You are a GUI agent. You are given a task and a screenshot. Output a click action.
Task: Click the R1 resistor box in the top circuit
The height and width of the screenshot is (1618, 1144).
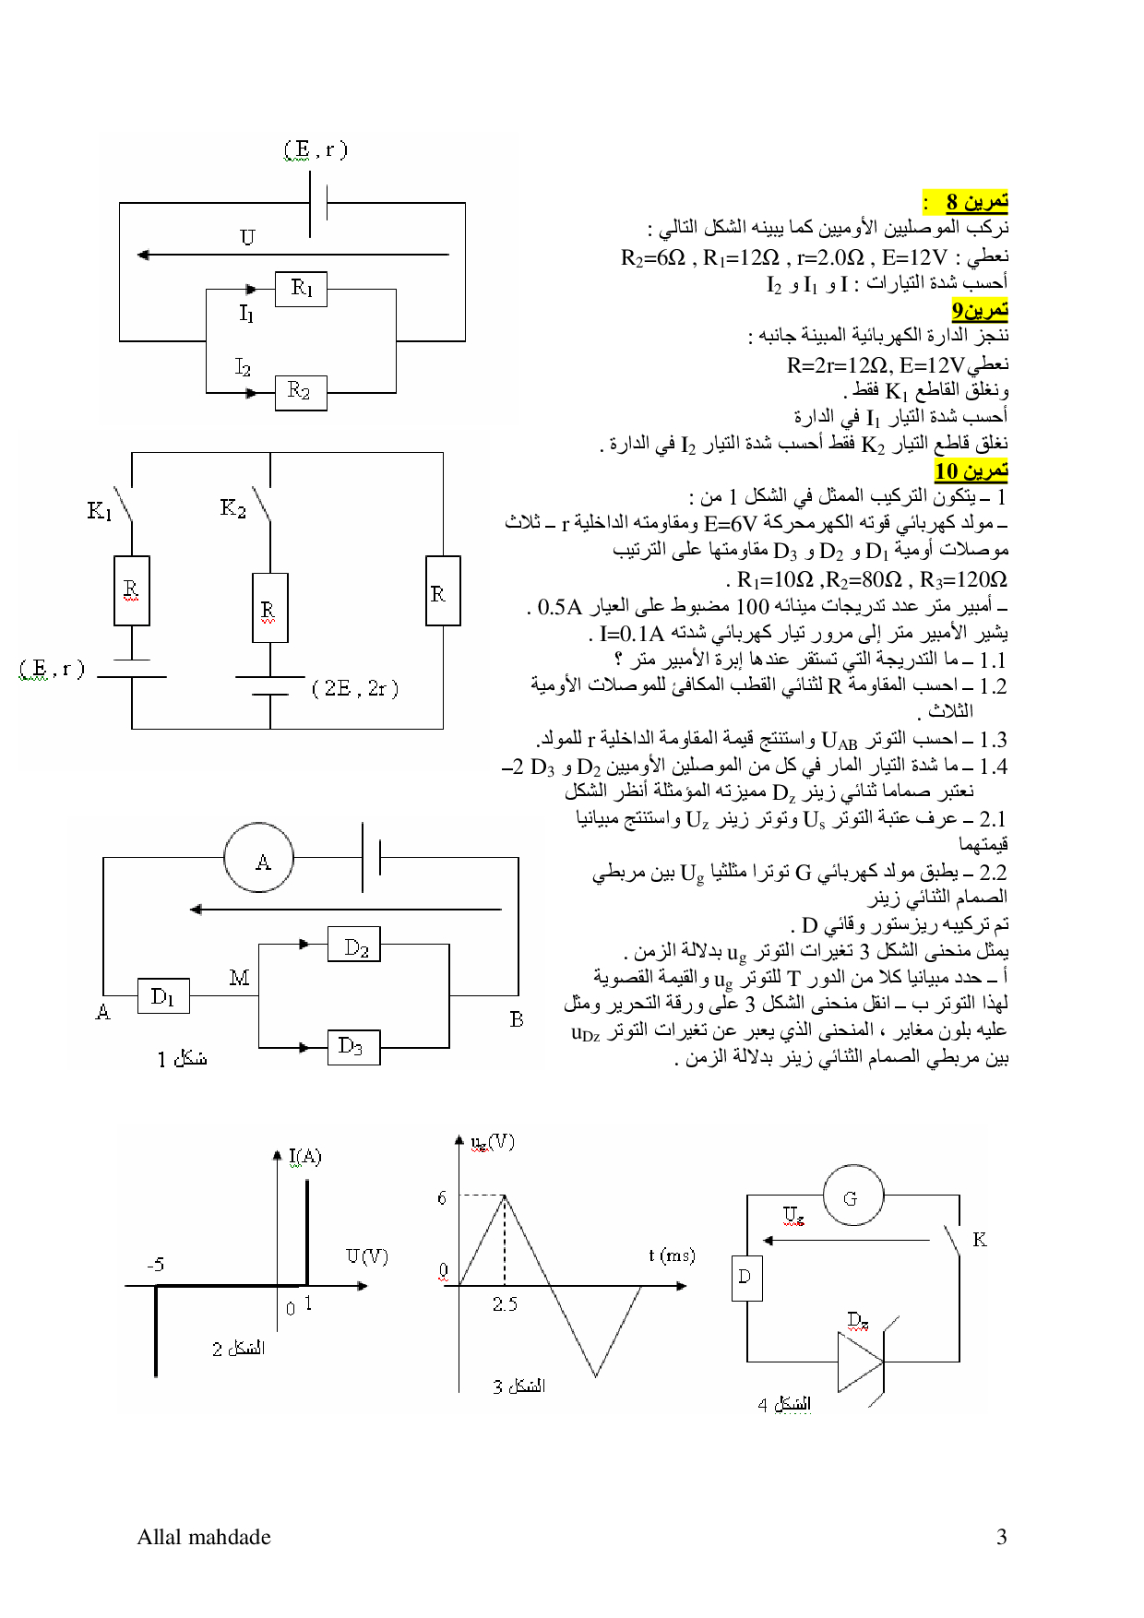(x=301, y=289)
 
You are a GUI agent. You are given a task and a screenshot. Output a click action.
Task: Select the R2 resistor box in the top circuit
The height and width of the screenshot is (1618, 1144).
(x=301, y=392)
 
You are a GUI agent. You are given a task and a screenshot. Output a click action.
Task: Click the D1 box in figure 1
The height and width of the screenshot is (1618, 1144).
(x=163, y=996)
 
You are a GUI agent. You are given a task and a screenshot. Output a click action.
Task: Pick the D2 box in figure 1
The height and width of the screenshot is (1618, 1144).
(x=354, y=945)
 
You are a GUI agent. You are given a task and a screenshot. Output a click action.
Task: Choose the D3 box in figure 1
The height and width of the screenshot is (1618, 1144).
(x=354, y=1047)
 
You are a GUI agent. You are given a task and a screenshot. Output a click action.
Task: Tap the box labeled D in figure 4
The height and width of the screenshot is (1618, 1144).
(x=746, y=1278)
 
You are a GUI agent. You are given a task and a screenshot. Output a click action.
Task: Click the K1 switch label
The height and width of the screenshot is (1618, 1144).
(x=100, y=510)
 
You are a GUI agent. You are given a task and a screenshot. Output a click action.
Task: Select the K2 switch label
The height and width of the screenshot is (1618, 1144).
(x=232, y=507)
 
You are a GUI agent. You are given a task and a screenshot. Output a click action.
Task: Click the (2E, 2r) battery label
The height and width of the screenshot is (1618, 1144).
(x=355, y=688)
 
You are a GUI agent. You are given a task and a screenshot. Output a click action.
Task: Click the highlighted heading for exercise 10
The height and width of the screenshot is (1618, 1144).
(x=971, y=470)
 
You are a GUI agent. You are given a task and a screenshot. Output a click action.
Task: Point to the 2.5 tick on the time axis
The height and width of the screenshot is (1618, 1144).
(x=505, y=1304)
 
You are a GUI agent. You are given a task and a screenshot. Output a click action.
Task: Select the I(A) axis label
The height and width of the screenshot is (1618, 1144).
(x=304, y=1157)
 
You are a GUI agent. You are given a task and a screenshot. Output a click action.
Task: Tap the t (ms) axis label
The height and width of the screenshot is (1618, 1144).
(x=672, y=1255)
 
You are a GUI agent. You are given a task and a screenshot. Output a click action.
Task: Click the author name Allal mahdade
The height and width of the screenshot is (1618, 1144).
(x=204, y=1537)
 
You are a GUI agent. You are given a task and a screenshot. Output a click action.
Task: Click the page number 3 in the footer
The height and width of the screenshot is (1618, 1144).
(x=1001, y=1537)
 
